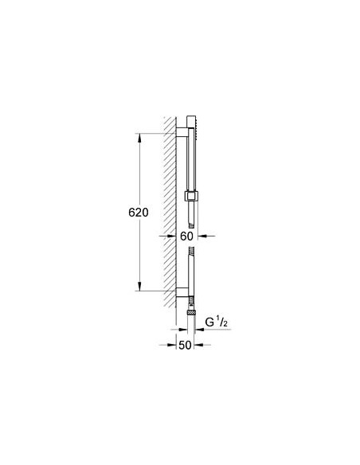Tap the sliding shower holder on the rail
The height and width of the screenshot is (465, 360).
point(192,195)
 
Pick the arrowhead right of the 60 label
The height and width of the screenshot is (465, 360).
point(200,236)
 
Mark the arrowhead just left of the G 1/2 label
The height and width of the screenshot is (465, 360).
point(200,321)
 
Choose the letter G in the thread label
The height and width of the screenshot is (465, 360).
point(210,321)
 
